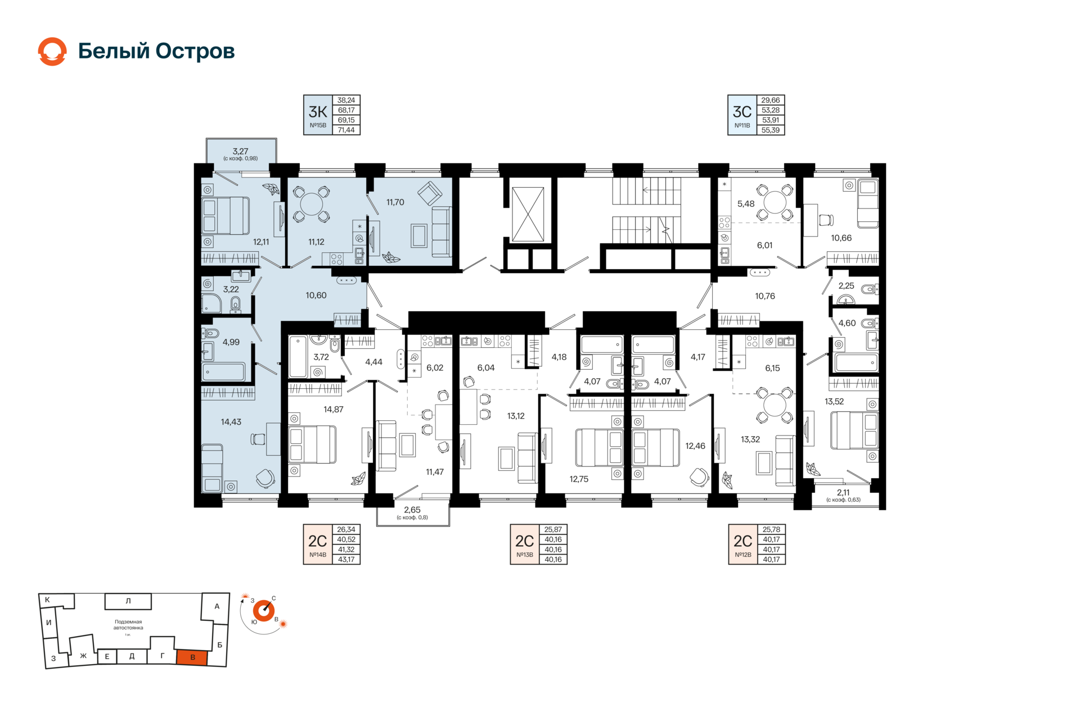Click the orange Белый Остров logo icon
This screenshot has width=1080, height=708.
click(x=52, y=51)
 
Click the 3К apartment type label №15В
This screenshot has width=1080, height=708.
click(x=318, y=115)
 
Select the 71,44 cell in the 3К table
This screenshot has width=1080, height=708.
click(x=346, y=130)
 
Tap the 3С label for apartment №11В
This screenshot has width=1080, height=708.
click(x=742, y=115)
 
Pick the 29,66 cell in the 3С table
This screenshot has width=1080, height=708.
click(x=771, y=100)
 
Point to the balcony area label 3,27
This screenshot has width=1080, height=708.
click(x=240, y=151)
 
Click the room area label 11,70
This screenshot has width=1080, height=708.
click(x=395, y=202)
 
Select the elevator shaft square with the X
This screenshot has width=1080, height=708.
click(x=528, y=214)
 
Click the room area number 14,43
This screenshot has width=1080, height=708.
click(x=231, y=422)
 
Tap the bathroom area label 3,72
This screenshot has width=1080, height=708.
click(x=321, y=357)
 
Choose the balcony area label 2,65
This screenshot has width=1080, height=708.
click(x=412, y=510)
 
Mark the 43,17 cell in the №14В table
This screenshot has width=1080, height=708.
click(x=346, y=560)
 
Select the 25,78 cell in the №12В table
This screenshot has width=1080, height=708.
click(x=771, y=529)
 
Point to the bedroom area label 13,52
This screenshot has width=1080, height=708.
click(x=834, y=401)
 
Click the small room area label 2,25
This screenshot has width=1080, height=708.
click(x=846, y=285)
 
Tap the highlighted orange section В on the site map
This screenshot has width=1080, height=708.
click(x=192, y=657)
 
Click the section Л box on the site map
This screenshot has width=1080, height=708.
click(x=128, y=601)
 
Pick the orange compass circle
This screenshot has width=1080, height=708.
click(x=264, y=611)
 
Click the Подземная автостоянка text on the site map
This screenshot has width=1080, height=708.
click(x=128, y=625)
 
